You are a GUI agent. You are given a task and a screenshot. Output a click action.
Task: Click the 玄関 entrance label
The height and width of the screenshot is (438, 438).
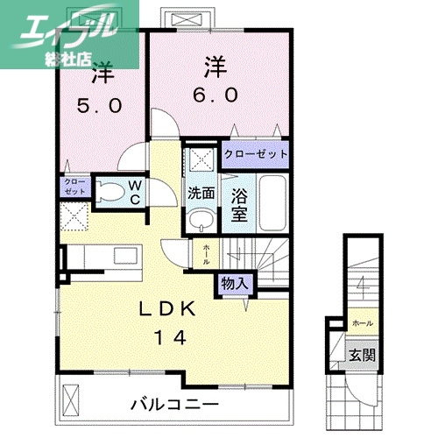click(363, 356)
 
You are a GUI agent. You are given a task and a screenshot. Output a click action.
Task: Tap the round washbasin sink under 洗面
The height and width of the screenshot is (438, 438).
click(201, 218)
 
